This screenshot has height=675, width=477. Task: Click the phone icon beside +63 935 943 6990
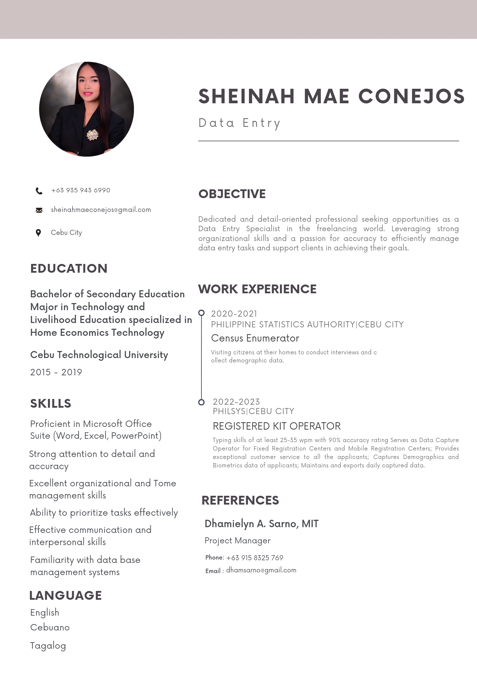coord(39,191)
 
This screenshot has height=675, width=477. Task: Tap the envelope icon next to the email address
coord(39,210)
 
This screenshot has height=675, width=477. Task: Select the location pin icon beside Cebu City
coord(38,233)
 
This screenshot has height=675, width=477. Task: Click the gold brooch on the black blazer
coord(92,135)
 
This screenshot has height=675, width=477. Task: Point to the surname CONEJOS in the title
coord(412,96)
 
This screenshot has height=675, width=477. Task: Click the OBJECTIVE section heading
coord(232,194)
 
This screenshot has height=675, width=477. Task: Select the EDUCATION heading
coord(69,269)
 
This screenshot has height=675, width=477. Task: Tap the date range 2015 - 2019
coord(56,372)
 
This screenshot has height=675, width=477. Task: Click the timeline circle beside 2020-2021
coord(201,313)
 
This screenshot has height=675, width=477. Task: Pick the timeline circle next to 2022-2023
coord(201,402)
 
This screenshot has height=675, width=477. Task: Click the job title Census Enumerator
coord(255,338)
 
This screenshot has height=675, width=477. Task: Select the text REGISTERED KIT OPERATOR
coord(277,426)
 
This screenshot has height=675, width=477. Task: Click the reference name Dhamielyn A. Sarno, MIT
coord(261,524)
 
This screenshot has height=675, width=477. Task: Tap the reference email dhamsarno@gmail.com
coord(261,570)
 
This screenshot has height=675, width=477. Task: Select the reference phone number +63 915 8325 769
coord(254,558)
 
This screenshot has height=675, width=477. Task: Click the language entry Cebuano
coord(50,628)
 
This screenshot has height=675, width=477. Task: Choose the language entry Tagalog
coord(48,646)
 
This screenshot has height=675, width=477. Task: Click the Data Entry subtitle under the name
coord(239,123)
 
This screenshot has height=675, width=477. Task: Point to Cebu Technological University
coord(99,355)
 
